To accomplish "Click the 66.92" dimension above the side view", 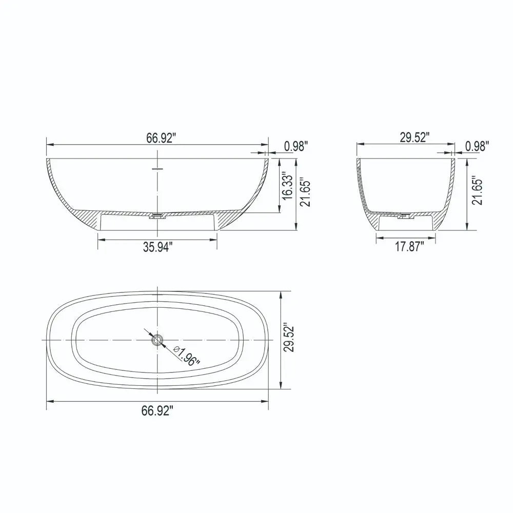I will [x=161, y=138].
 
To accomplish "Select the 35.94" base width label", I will [x=157, y=247].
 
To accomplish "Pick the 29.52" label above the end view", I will [x=414, y=138].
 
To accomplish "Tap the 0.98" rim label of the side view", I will [x=296, y=146].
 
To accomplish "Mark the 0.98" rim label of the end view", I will [x=477, y=146].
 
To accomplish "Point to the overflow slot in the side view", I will [x=157, y=167].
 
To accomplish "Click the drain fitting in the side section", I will [x=157, y=216].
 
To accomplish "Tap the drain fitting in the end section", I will [x=406, y=216].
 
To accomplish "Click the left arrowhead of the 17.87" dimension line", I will [x=379, y=237].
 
